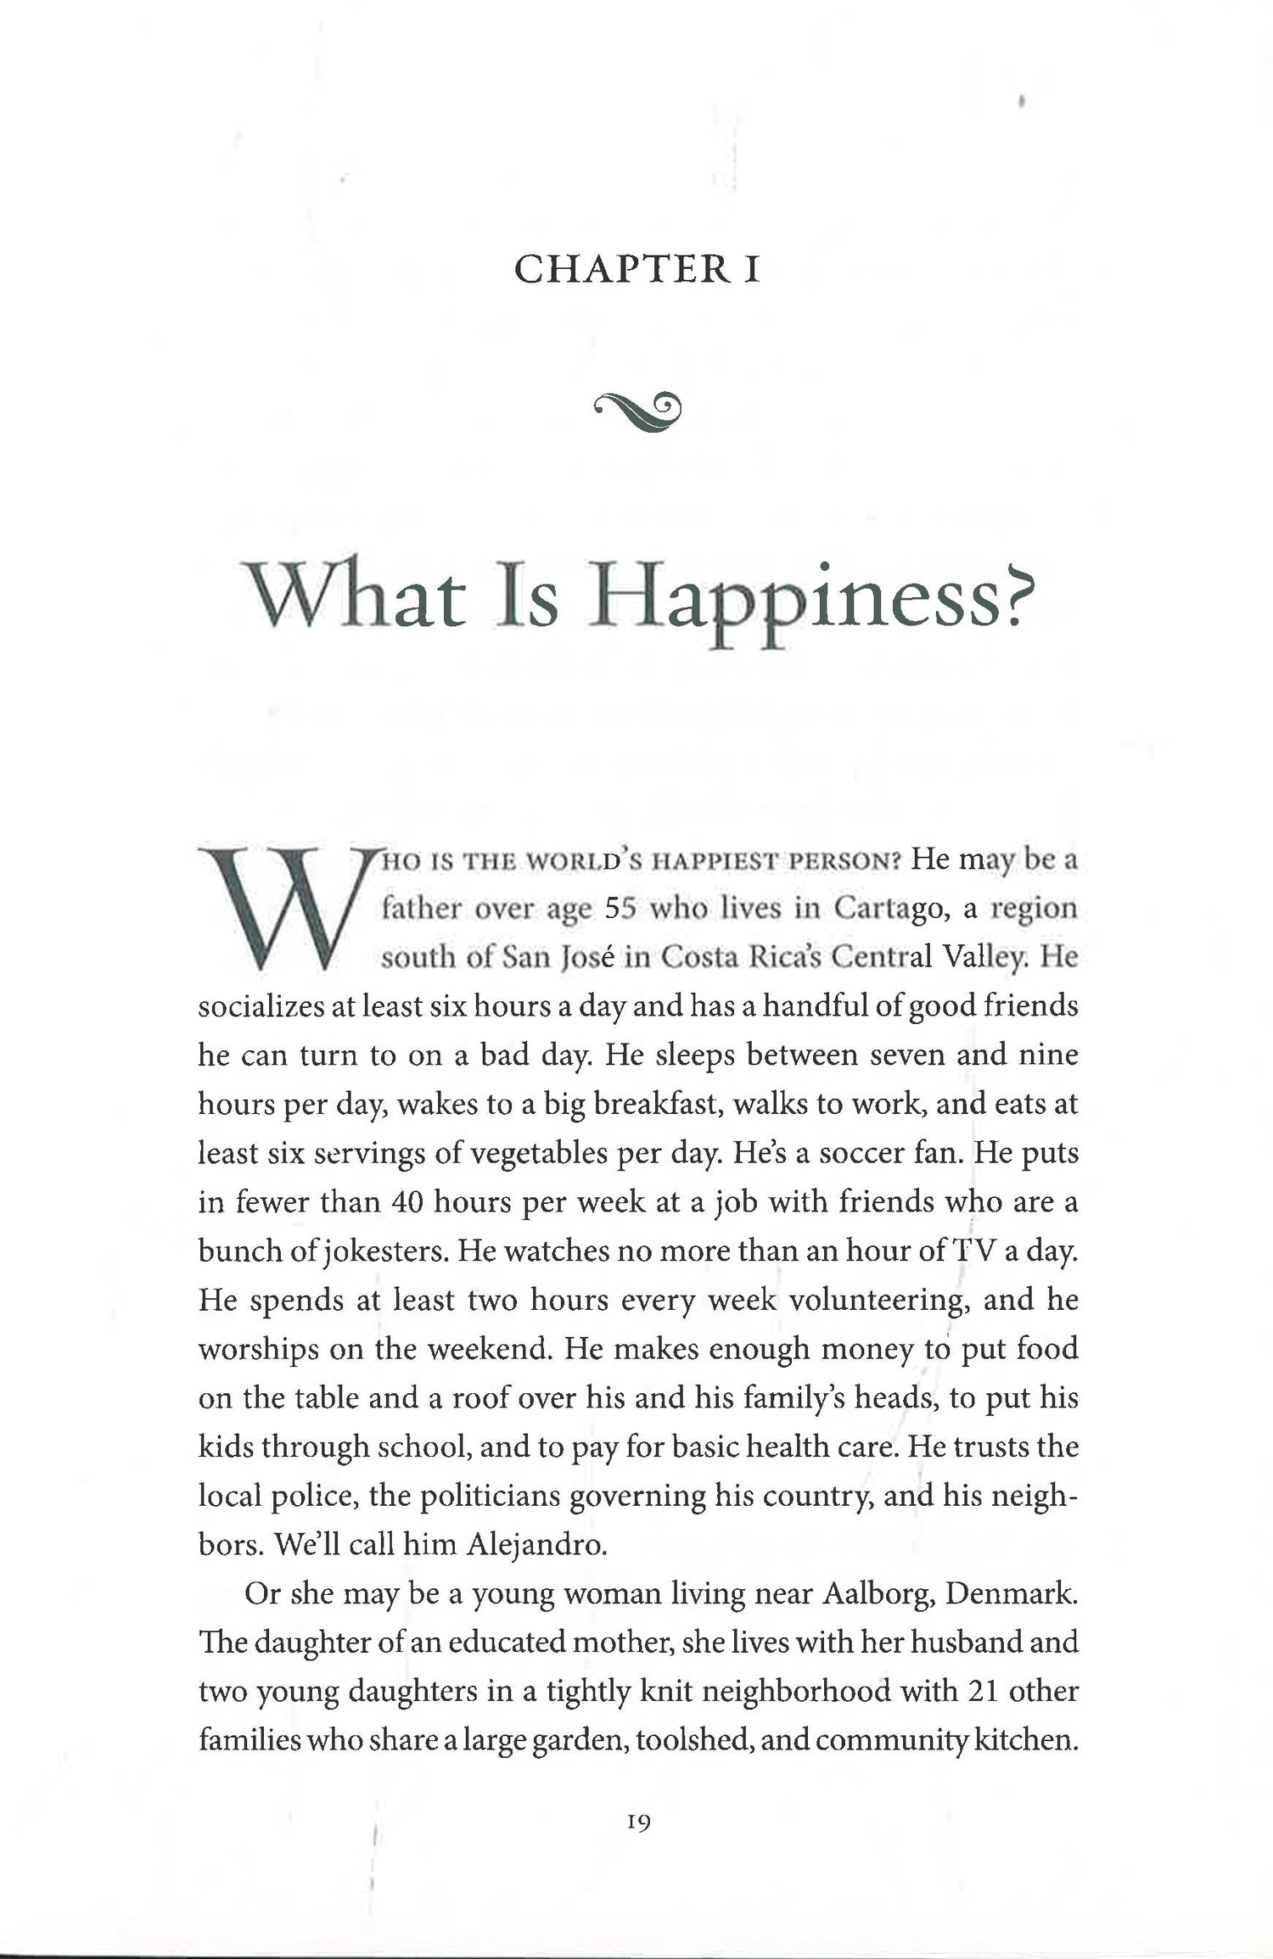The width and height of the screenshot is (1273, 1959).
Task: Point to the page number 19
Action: [x=638, y=1822]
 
